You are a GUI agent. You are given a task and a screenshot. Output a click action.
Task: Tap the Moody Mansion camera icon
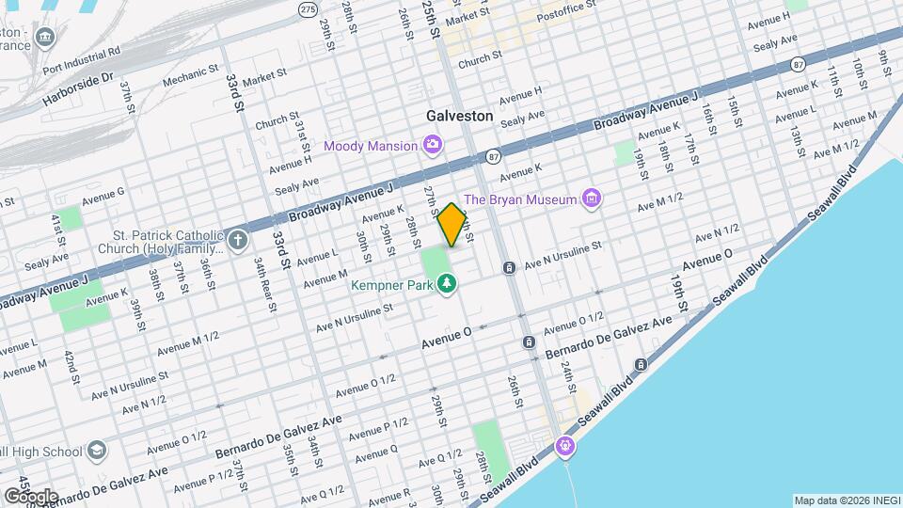coord(433,145)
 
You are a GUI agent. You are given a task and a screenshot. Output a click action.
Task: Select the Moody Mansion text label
coord(370,146)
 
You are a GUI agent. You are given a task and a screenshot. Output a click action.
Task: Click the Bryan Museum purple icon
coord(591,198)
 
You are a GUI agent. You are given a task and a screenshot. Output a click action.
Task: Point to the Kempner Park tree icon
coord(448,283)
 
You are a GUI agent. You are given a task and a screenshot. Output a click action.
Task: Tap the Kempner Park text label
coord(392,283)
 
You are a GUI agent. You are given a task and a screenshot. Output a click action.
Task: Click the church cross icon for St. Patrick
coord(237,239)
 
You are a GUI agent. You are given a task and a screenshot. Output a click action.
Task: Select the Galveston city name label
coord(459,116)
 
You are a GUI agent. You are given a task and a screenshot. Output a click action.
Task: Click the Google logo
coord(30,496)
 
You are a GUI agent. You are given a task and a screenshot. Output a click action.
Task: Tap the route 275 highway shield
coord(308,8)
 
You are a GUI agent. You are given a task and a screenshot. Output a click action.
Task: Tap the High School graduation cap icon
coord(96,452)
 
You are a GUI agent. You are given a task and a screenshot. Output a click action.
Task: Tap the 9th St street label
coord(884,62)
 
